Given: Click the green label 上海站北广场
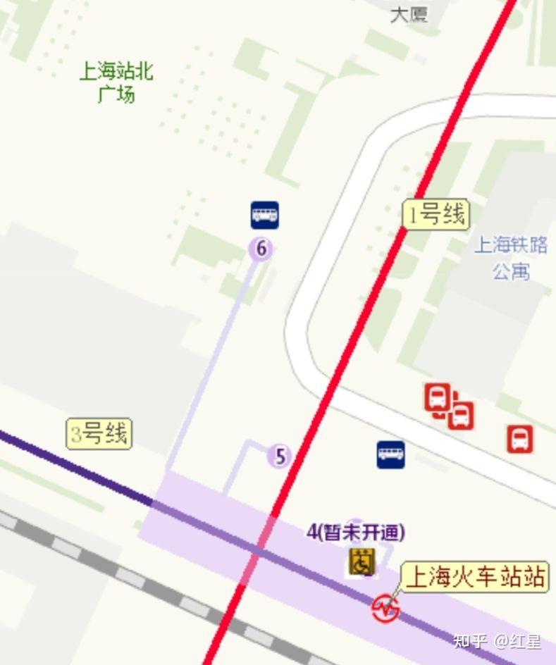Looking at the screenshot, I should coord(116,82).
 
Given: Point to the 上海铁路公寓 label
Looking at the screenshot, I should coord(511,258).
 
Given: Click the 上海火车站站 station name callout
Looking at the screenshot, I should coord(476,578).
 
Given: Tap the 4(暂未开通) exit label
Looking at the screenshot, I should coord(356,532).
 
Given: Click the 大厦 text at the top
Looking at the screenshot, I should coord(409,14).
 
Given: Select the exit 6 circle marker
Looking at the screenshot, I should coord(261,248).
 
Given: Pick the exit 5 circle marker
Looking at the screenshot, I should coord(280,456).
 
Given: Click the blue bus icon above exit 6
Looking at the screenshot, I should coord(264,215).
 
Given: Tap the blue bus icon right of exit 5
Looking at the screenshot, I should coord(390,454).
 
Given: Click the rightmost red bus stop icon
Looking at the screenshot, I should coord(520,438).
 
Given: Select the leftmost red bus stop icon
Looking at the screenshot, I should coord(437,397).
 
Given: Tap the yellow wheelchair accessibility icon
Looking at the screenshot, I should coord(362,562).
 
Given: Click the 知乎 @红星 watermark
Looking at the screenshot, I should coord(498,641).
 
